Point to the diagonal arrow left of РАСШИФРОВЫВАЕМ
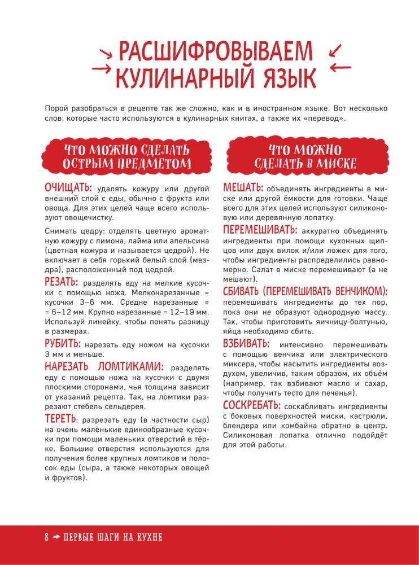pyautogui.click(x=105, y=51)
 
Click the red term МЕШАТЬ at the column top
pyautogui.click(x=243, y=187)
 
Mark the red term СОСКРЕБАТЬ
pyautogui.click(x=251, y=405)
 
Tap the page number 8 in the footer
pyautogui.click(x=47, y=537)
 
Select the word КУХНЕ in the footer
pyautogui.click(x=147, y=537)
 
